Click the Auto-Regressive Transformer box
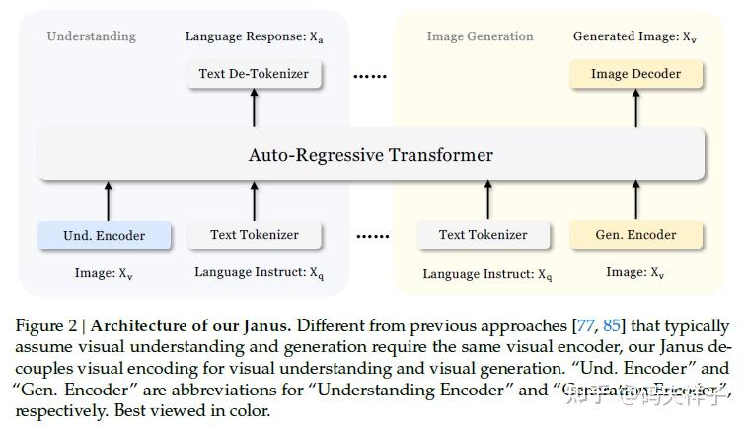coord(371,155)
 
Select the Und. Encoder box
coord(105,236)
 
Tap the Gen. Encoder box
coord(636,235)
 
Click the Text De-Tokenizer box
coord(254,74)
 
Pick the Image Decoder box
coord(635,74)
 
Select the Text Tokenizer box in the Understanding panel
coord(254,235)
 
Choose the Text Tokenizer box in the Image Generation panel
coord(484,235)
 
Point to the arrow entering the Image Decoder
coord(636,108)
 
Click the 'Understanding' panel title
coord(92,36)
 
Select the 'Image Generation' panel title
coord(480,36)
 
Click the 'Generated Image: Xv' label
coord(633,36)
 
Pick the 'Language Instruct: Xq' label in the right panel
coord(487,274)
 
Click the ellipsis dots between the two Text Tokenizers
coord(372,237)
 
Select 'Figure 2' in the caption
coord(50,326)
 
